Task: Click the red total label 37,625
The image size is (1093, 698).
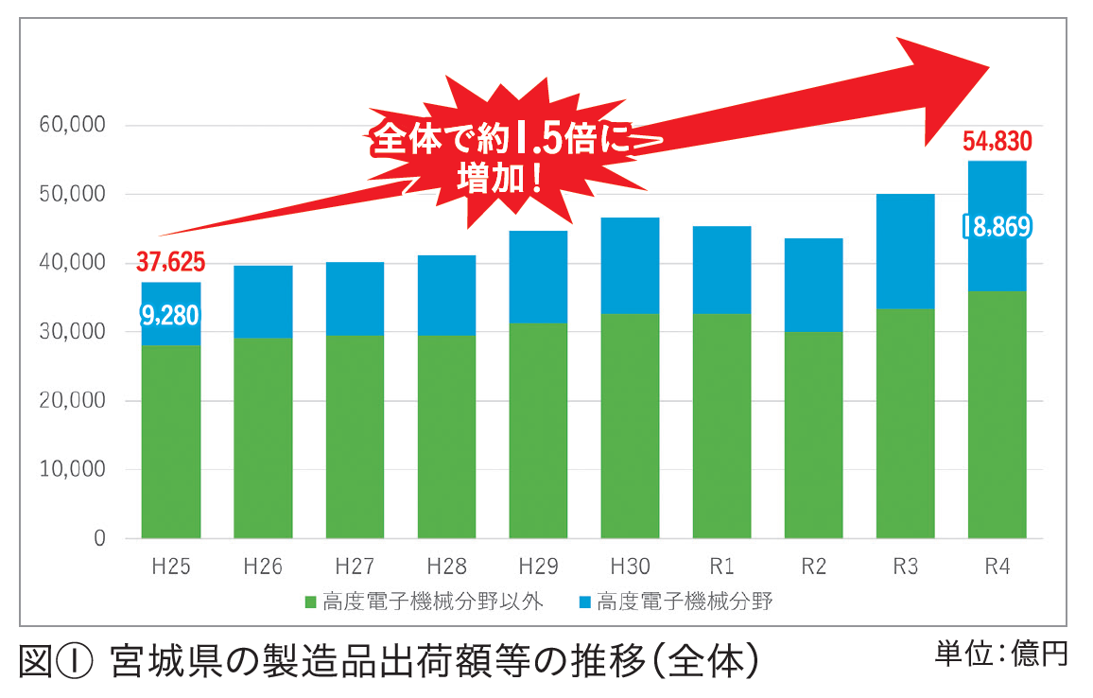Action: pos(170,261)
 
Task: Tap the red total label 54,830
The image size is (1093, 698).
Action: pos(997,142)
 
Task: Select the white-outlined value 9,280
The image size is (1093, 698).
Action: pos(170,315)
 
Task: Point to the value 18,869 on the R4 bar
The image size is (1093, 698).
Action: pos(997,227)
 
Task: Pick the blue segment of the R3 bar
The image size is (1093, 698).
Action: pos(905,252)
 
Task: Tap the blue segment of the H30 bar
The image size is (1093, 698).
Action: pos(630,266)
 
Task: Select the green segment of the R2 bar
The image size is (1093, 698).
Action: pos(813,435)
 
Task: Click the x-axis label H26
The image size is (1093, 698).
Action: pos(263,567)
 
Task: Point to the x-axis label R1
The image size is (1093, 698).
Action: pos(721,567)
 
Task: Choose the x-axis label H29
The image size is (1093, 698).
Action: pos(538,567)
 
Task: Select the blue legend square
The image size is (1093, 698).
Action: pos(584,602)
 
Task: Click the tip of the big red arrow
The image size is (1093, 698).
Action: pos(987,68)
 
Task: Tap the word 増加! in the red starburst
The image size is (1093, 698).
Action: pos(501,178)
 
